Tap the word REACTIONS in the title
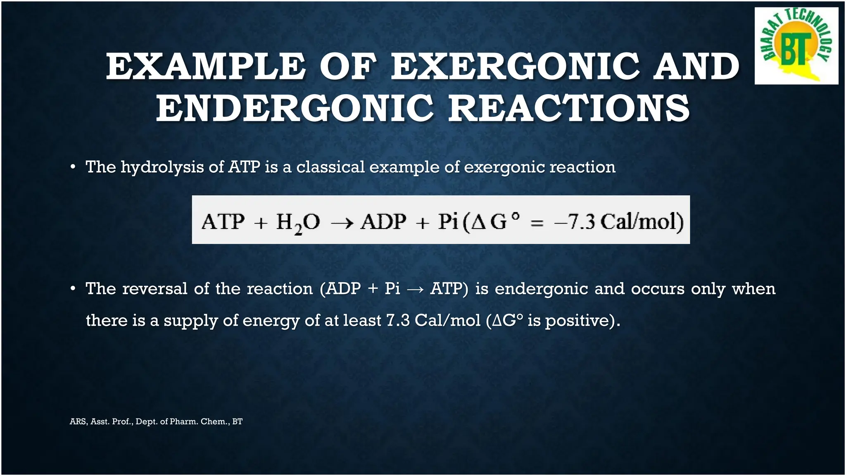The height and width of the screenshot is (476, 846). tap(569, 108)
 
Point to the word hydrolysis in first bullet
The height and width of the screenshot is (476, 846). tap(162, 167)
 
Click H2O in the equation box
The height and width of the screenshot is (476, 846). tap(297, 222)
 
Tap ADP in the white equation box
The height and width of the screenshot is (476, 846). tap(384, 222)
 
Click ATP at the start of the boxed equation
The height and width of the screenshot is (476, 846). tap(223, 222)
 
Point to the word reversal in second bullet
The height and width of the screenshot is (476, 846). tap(154, 288)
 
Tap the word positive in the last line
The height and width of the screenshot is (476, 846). tap(577, 321)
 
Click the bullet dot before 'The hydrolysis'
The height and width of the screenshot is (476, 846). tap(73, 167)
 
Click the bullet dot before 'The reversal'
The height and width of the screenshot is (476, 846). tap(73, 288)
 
